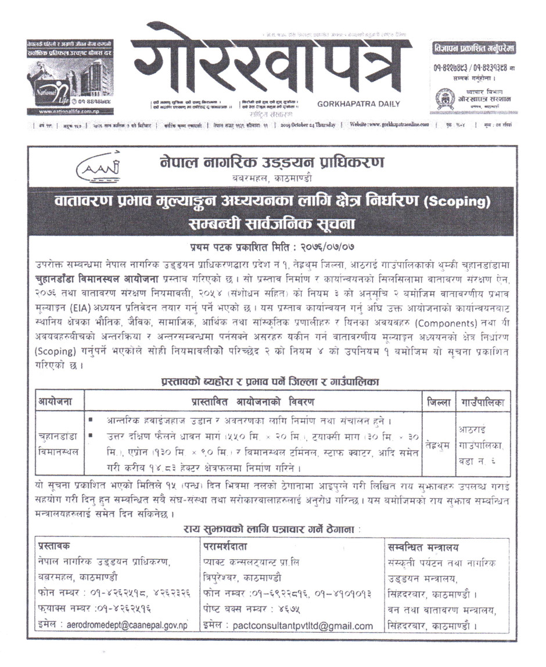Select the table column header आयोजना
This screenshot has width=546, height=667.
pyautogui.click(x=55, y=402)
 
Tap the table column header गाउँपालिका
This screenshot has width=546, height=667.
pyautogui.click(x=481, y=402)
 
